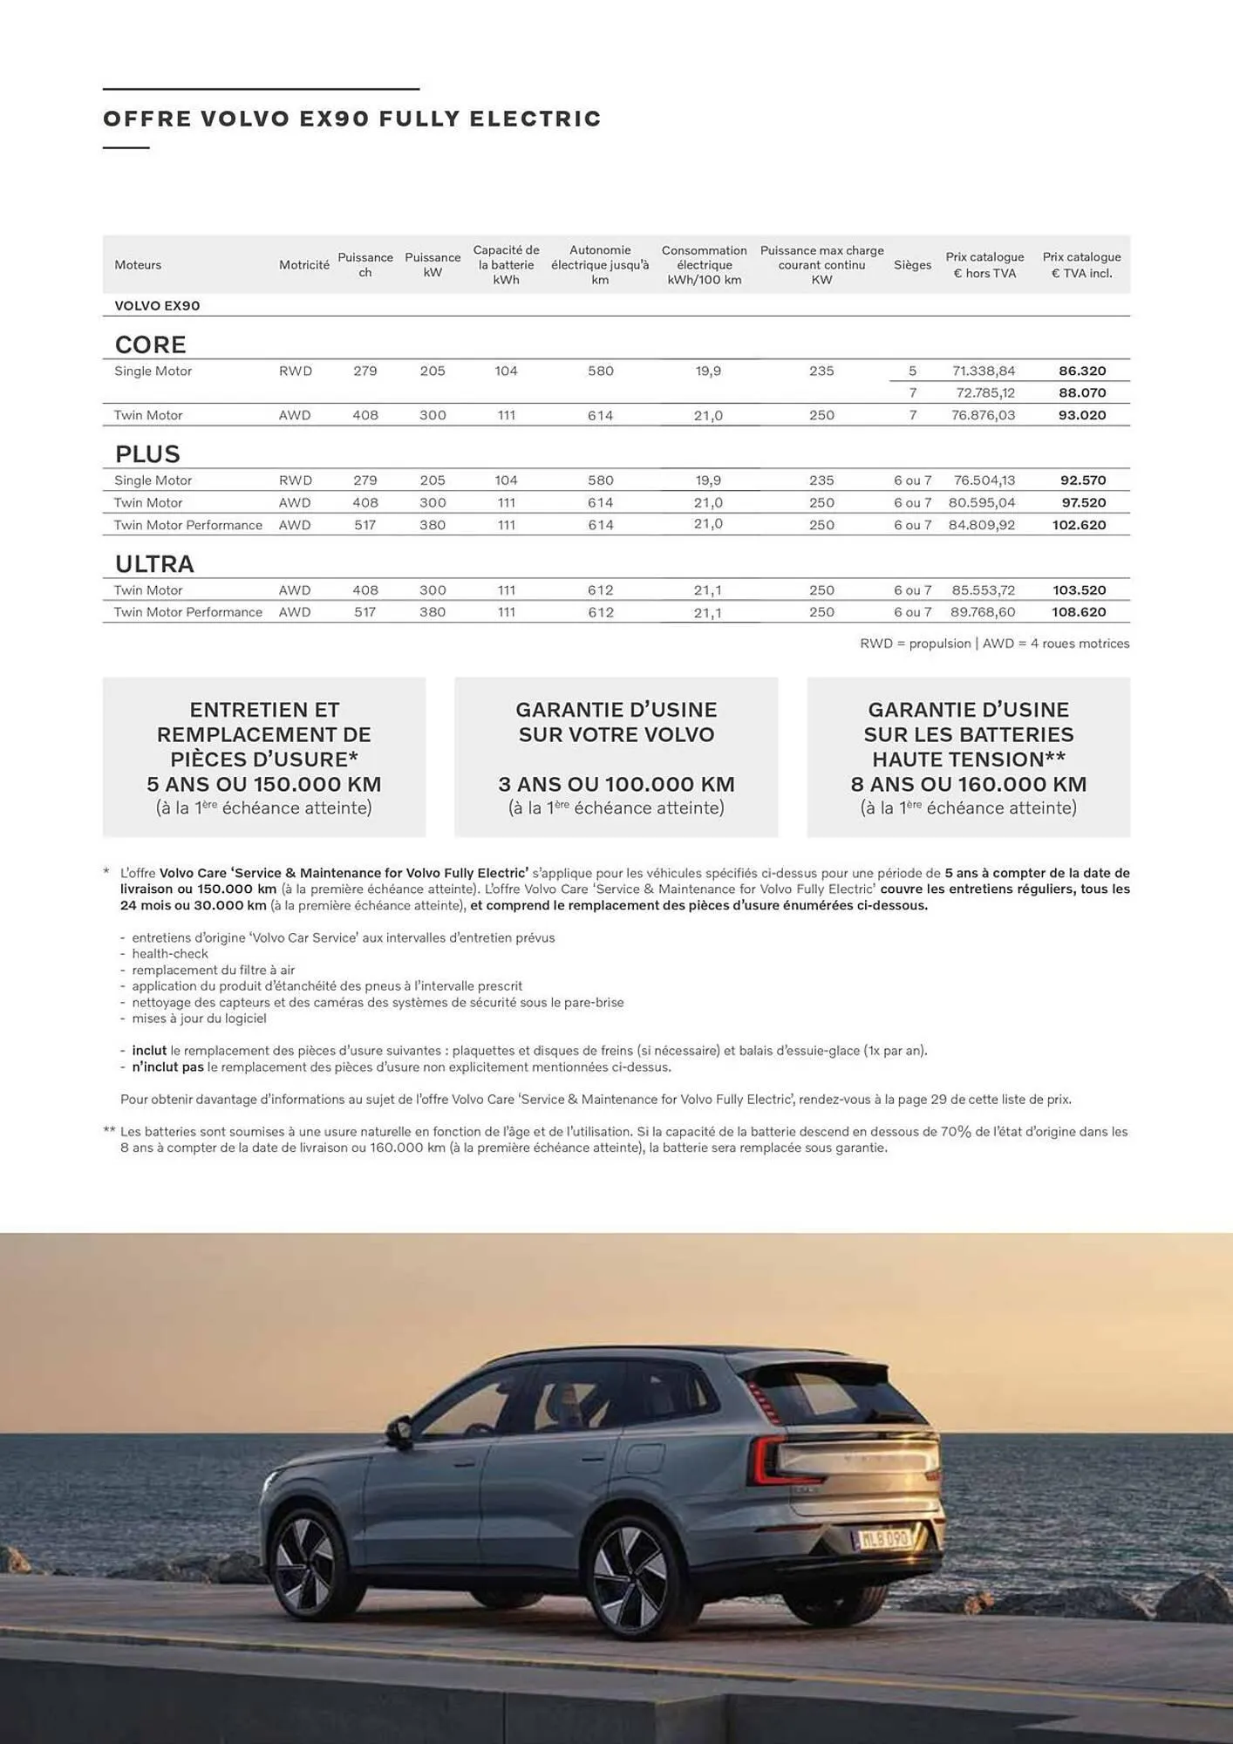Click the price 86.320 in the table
coord(1081,371)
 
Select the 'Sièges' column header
coord(912,265)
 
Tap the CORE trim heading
coord(151,344)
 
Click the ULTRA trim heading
coord(154,564)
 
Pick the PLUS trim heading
coord(147,454)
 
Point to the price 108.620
coord(1079,612)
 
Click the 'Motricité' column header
coord(303,265)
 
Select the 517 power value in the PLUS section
coord(364,525)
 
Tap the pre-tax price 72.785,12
coord(984,393)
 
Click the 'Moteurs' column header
coord(138,265)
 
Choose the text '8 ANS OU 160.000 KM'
coord(968,784)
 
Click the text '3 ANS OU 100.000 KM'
coord(616,784)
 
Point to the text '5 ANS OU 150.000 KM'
coord(263,784)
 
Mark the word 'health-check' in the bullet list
coord(170,954)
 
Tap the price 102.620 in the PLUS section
coord(1079,525)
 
